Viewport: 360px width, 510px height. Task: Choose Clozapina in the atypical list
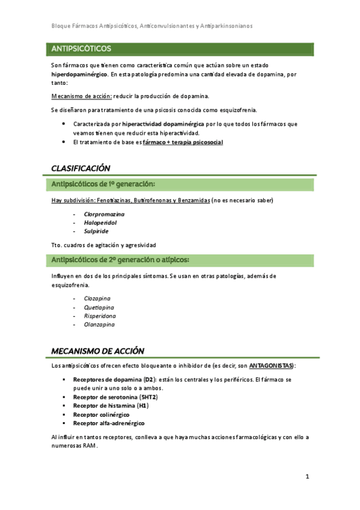(97, 298)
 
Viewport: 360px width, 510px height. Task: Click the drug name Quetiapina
(99, 307)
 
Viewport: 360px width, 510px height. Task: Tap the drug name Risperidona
(100, 316)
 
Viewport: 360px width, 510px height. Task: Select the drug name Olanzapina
(99, 324)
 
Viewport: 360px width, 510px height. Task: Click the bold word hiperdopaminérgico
(80, 75)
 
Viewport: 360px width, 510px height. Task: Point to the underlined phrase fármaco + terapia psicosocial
(182, 142)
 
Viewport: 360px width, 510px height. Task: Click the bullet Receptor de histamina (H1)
(111, 405)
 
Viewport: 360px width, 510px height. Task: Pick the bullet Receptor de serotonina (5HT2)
(114, 397)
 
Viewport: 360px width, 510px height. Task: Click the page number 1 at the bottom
(307, 477)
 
